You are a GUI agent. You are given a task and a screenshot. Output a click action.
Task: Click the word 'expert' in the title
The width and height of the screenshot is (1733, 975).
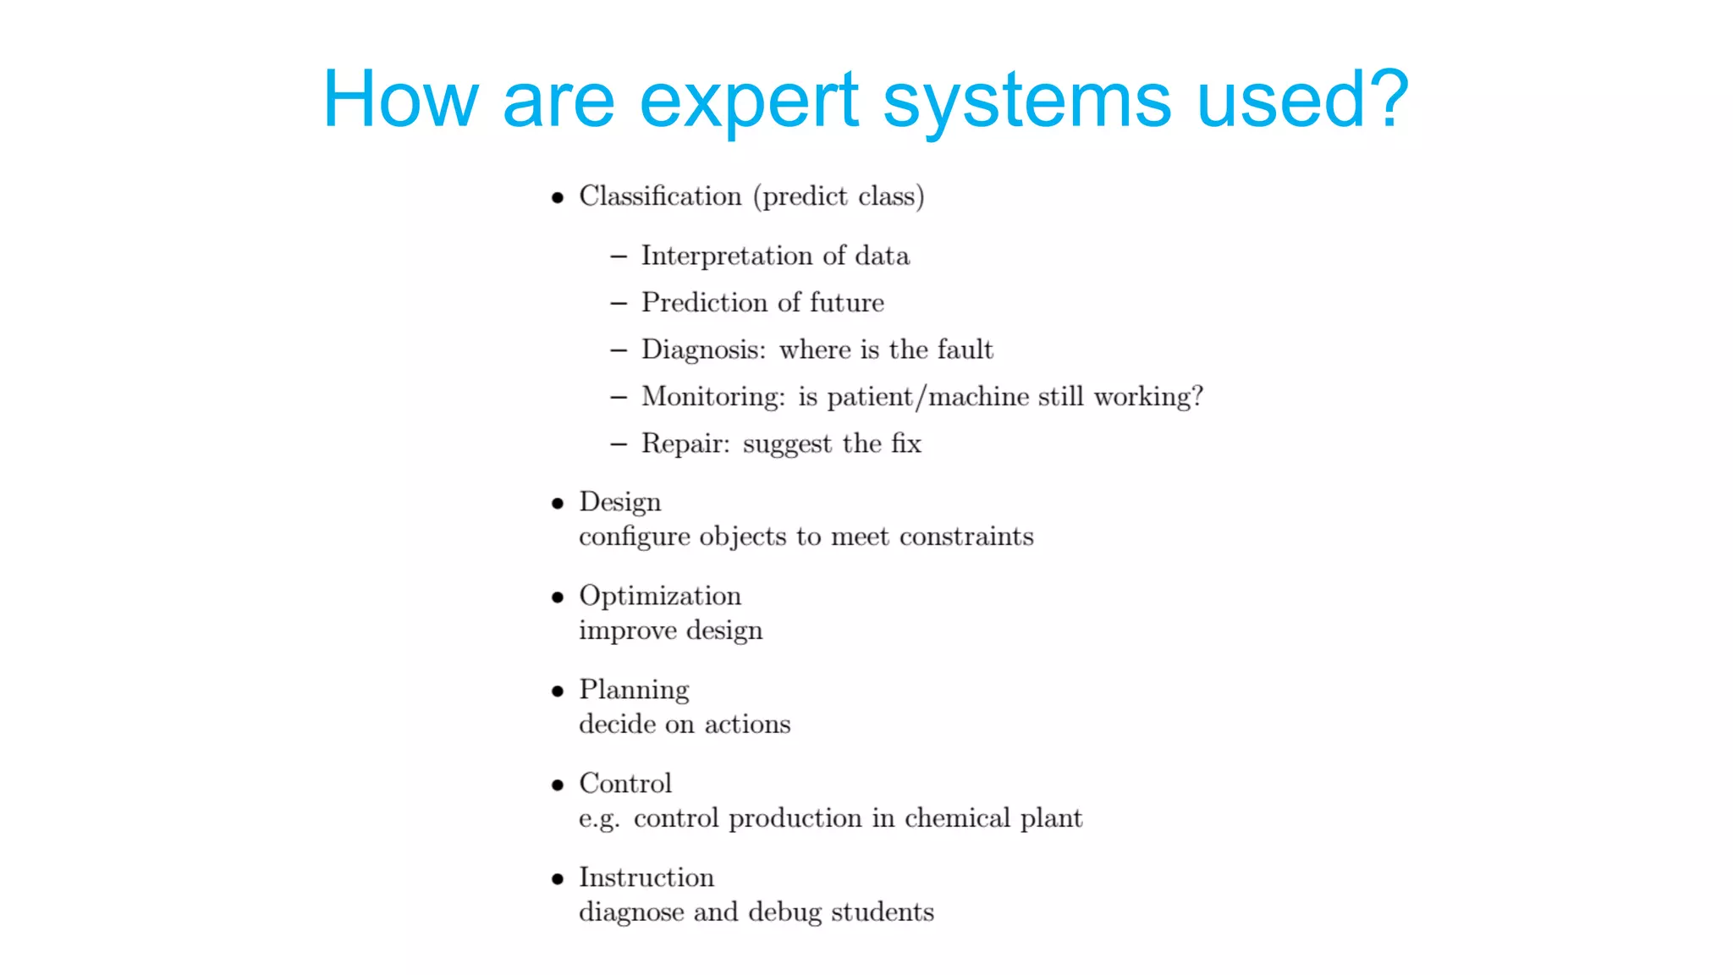[x=750, y=102]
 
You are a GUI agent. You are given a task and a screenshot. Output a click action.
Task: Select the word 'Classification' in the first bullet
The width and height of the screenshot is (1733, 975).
[x=660, y=196]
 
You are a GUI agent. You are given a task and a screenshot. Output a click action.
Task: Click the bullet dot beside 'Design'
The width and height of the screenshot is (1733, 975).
[x=557, y=504]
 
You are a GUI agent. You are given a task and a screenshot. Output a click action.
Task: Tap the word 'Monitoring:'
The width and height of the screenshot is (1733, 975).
[x=713, y=397]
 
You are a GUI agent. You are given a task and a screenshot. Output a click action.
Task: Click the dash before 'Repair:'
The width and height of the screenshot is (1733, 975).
[x=619, y=444]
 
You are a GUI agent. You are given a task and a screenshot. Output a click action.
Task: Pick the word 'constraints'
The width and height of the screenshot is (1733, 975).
[x=966, y=537]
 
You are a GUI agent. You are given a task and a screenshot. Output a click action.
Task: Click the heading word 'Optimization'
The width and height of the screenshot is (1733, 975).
[x=660, y=597]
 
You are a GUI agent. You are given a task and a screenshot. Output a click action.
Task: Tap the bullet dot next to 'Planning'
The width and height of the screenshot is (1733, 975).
[x=557, y=691]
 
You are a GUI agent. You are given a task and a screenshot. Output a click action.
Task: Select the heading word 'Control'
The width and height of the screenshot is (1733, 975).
[x=625, y=784]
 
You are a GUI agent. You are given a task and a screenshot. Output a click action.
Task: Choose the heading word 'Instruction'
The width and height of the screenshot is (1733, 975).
[x=646, y=878]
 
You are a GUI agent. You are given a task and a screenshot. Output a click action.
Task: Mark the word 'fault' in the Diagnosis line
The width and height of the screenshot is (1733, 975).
[x=966, y=350]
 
